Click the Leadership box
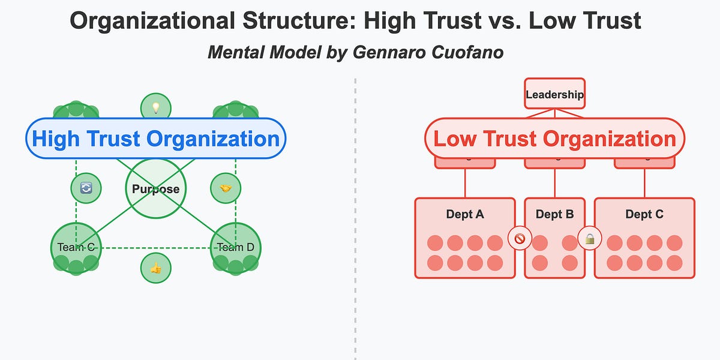coord(554,94)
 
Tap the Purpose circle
coord(156,189)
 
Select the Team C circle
coord(76,247)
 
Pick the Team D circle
coord(236,247)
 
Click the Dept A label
coord(465,214)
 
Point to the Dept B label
coord(554,214)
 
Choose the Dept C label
coord(644,214)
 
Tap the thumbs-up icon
coord(156,268)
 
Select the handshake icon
coord(226,188)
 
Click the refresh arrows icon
coord(86,188)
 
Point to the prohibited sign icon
coord(520,239)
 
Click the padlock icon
coord(590,239)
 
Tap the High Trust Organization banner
coord(156,139)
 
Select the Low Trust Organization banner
coord(554,139)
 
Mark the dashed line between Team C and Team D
coord(156,247)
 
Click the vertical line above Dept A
coord(465,183)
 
